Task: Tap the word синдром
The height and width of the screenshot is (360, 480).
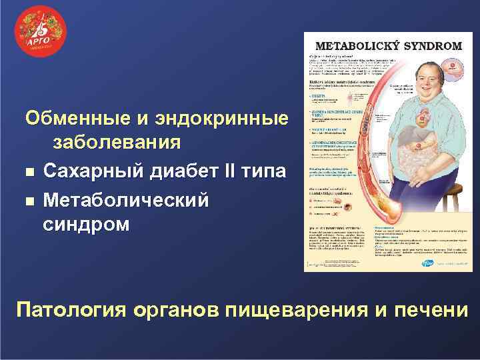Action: click(87, 224)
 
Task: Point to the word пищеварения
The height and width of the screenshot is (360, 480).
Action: click(302, 311)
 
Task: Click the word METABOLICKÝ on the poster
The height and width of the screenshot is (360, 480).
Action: click(359, 47)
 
